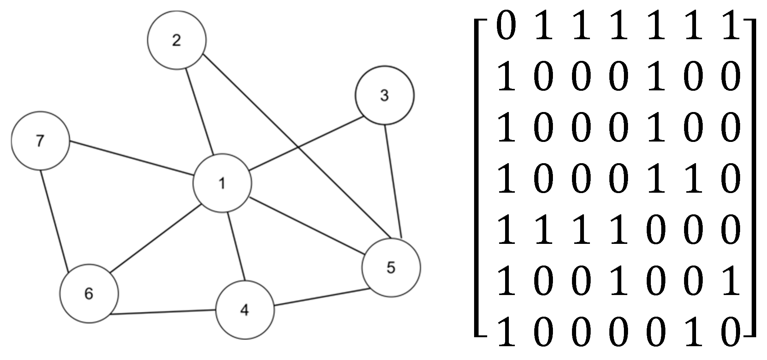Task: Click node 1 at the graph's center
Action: [222, 183]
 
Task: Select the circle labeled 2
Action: [177, 40]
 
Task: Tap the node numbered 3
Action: [384, 95]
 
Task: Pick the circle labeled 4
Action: [245, 310]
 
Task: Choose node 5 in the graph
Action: [391, 267]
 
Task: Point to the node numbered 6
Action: [89, 294]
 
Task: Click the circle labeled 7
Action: [40, 141]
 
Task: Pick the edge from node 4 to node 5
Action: [322, 297]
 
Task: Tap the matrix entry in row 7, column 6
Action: [692, 332]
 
